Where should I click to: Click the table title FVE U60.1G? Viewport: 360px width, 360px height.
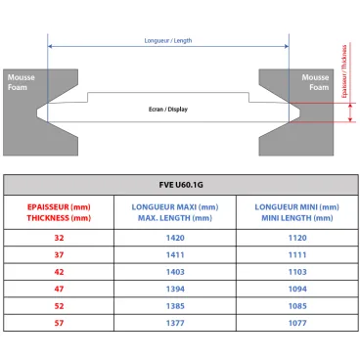point(180,184)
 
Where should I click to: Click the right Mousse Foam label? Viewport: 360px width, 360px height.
point(315,80)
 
